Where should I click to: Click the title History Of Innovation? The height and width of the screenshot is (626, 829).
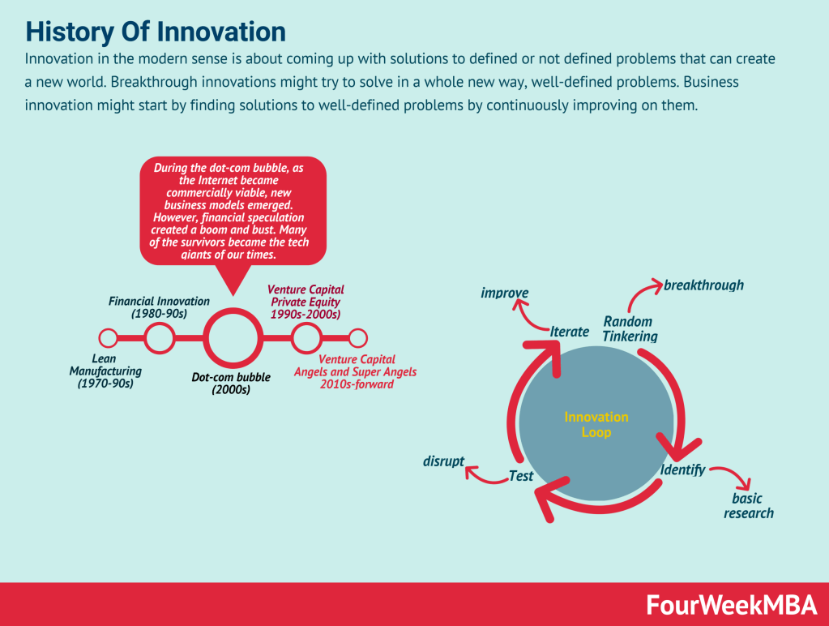pyautogui.click(x=156, y=32)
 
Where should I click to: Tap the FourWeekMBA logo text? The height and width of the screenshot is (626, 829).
pyautogui.click(x=729, y=604)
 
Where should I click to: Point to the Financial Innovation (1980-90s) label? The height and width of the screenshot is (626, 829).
pyautogui.click(x=159, y=307)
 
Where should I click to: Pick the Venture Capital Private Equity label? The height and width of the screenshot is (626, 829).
pyautogui.click(x=306, y=302)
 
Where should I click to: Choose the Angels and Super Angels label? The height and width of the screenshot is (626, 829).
pyautogui.click(x=355, y=371)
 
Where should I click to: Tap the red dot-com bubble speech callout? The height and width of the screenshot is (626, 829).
pyautogui.click(x=233, y=209)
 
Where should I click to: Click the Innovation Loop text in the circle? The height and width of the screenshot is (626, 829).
pyautogui.click(x=596, y=425)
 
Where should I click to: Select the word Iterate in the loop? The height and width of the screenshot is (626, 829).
pyautogui.click(x=569, y=331)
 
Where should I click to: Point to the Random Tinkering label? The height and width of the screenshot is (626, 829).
pyautogui.click(x=630, y=329)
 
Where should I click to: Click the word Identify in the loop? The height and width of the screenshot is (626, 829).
pyautogui.click(x=682, y=470)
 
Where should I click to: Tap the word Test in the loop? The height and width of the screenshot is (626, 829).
pyautogui.click(x=520, y=476)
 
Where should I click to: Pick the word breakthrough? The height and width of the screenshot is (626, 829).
pyautogui.click(x=703, y=285)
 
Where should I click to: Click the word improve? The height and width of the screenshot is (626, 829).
pyautogui.click(x=504, y=293)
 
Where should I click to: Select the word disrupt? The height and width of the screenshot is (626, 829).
pyautogui.click(x=443, y=461)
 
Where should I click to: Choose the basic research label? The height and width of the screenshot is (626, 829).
pyautogui.click(x=748, y=506)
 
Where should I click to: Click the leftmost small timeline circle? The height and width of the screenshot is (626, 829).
pyautogui.click(x=108, y=337)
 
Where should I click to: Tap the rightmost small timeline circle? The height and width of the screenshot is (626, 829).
pyautogui.click(x=357, y=337)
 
